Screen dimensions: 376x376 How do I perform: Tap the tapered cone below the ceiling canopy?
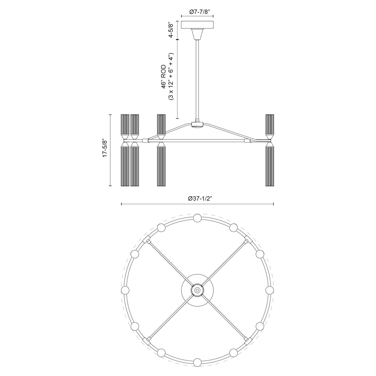point(197,34)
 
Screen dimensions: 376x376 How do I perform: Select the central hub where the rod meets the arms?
point(197,124)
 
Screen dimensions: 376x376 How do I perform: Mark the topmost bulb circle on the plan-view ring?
point(197,218)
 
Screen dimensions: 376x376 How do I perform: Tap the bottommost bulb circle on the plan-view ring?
point(197,362)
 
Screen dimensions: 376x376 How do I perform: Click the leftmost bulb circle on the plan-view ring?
point(125,290)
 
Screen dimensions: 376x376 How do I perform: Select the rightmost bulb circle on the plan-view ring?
point(269,290)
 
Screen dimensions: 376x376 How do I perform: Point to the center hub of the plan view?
point(197,290)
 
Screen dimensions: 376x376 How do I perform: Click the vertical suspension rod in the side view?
point(197,81)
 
